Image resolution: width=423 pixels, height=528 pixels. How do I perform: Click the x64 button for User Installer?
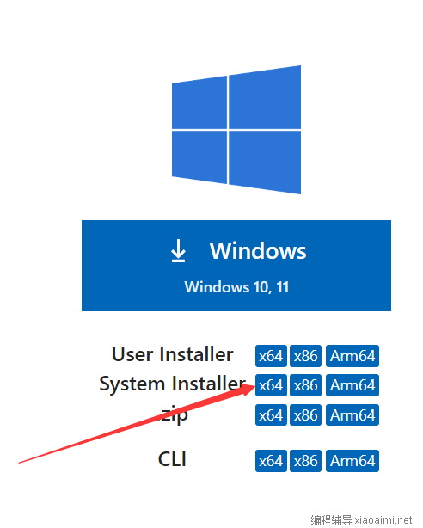pos(271,356)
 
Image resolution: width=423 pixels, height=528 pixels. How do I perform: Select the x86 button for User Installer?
pos(305,356)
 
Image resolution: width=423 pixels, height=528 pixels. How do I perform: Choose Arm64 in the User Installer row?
pos(352,356)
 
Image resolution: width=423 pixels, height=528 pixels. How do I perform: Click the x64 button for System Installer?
pos(271,385)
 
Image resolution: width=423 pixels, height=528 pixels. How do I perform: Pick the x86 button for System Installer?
pos(305,385)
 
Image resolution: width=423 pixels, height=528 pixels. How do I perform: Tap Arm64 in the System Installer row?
pos(352,385)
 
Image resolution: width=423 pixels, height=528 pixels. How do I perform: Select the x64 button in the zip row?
pos(271,414)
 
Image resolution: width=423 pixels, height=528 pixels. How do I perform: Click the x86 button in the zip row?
pos(305,414)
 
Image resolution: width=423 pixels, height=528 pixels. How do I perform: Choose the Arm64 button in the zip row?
pos(352,414)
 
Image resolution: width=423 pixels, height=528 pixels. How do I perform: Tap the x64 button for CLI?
pos(271,461)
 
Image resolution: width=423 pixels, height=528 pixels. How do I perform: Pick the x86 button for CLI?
pos(305,461)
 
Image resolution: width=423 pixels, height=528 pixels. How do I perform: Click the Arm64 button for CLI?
pos(352,461)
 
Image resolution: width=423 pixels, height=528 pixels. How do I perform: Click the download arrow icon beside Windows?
pos(178,250)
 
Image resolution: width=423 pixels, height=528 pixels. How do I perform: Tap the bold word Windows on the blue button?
pos(258,250)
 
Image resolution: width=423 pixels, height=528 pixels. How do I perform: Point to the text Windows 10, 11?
pos(236,287)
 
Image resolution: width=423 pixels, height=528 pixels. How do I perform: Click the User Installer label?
pos(173,354)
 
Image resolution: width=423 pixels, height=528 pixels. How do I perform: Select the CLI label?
pos(172,459)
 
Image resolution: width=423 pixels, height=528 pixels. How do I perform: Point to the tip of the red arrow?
pos(255,386)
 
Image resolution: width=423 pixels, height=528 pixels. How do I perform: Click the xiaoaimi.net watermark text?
pos(383,519)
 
